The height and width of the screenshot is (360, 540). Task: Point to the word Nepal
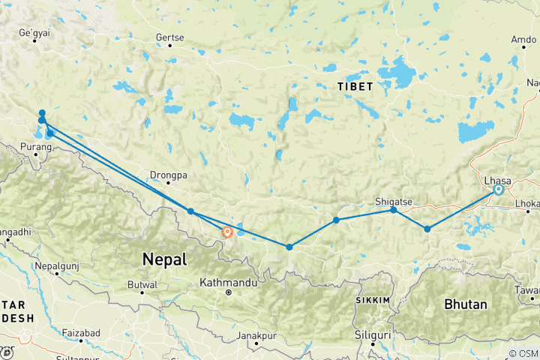pyautogui.click(x=164, y=259)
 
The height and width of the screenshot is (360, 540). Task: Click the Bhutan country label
pyautogui.click(x=465, y=304)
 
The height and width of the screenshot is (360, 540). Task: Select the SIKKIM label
pyautogui.click(x=372, y=300)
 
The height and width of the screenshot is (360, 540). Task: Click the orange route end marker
pyautogui.click(x=226, y=232)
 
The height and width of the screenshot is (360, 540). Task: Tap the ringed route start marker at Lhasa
pyautogui.click(x=498, y=190)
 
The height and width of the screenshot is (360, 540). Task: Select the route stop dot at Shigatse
pyautogui.click(x=394, y=211)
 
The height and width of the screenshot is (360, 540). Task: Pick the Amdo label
pyautogui.click(x=523, y=38)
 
